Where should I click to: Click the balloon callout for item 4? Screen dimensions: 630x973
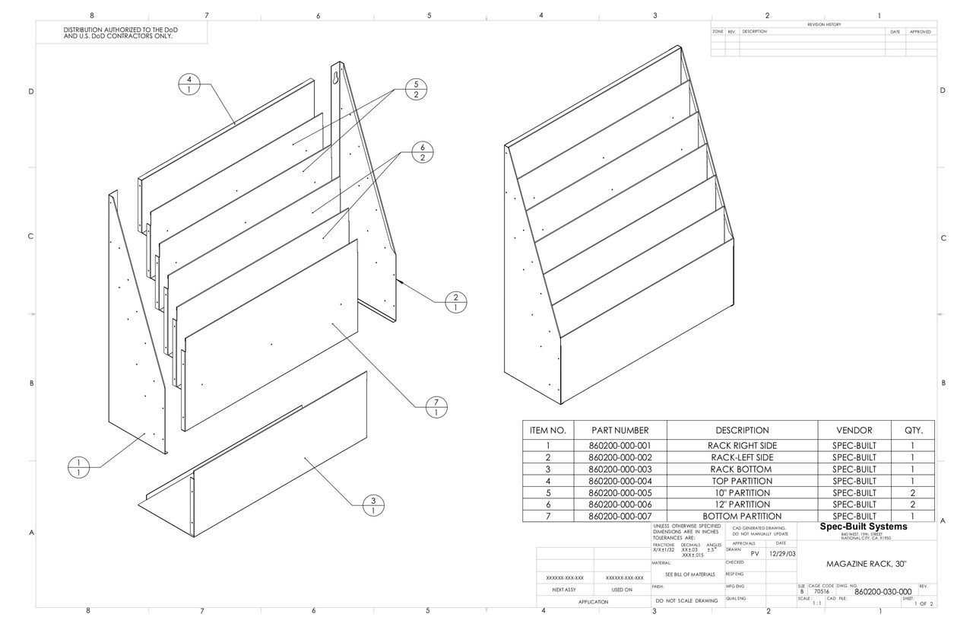tap(189, 84)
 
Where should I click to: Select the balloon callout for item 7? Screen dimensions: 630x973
tap(436, 406)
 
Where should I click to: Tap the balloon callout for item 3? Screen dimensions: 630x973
tap(373, 505)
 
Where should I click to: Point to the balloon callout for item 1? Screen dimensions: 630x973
tap(78, 468)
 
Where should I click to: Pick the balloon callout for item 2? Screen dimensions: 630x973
tap(455, 302)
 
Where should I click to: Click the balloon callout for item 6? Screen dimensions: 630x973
tap(423, 152)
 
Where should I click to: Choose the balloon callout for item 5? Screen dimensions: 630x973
tap(416, 89)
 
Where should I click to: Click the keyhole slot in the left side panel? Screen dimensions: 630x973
tap(336, 75)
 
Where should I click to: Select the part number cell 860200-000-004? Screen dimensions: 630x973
tap(620, 481)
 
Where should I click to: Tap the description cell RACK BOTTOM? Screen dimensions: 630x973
tap(741, 469)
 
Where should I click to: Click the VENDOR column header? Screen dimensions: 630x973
tap(854, 430)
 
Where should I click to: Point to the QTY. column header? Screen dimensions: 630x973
tap(913, 430)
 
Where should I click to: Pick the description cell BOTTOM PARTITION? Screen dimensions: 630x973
tap(741, 516)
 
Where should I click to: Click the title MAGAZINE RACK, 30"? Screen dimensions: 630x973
tap(866, 564)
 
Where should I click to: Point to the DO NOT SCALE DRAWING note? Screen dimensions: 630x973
tap(686, 600)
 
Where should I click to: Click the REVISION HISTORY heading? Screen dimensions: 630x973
tap(823, 24)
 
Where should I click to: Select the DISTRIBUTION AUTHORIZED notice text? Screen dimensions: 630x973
tap(121, 32)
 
